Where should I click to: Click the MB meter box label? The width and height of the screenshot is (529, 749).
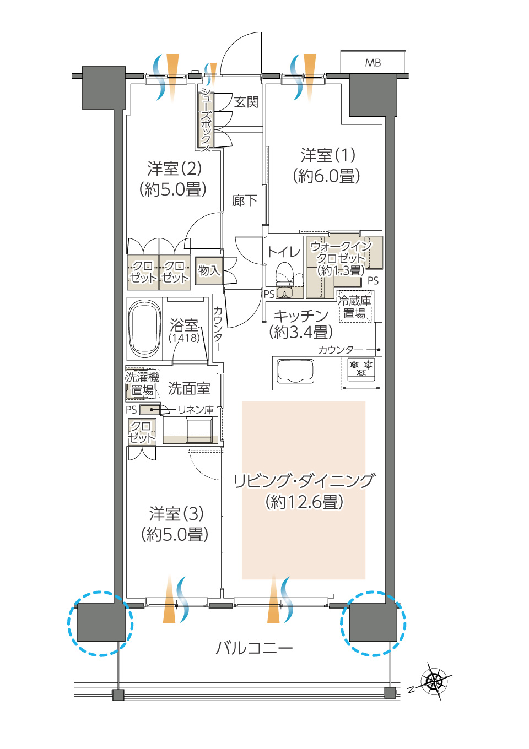(x=373, y=63)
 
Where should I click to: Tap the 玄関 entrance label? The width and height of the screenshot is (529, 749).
(x=246, y=102)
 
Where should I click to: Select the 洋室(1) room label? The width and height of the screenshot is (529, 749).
(x=328, y=155)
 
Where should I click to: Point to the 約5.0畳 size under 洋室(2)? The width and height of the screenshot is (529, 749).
(x=172, y=189)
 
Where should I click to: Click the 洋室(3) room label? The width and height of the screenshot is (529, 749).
(x=176, y=513)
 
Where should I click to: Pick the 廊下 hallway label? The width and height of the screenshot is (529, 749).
(x=245, y=200)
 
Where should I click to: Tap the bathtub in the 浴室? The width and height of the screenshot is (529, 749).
(x=144, y=329)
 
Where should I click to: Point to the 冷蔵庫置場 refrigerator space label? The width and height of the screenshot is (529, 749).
(x=355, y=307)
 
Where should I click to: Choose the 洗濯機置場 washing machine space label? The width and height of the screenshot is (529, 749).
(x=142, y=383)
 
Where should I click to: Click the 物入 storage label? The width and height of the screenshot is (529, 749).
(x=209, y=270)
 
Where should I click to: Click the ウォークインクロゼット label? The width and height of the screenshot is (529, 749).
(x=341, y=257)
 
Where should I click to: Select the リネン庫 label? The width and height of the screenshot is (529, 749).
(x=196, y=410)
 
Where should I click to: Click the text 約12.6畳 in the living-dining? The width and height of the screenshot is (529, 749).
(x=305, y=502)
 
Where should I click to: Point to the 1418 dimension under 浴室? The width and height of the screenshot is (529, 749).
(x=185, y=338)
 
